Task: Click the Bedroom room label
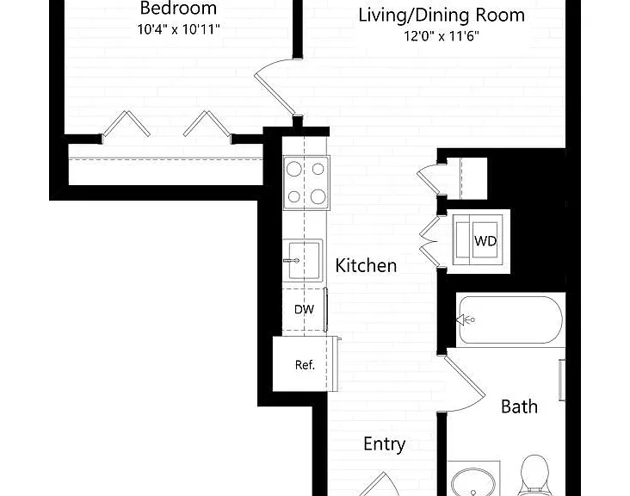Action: pyautogui.click(x=178, y=8)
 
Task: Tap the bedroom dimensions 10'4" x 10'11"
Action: pyautogui.click(x=178, y=29)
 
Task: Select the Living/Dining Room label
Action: pyautogui.click(x=442, y=15)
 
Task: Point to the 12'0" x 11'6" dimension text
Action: pyautogui.click(x=442, y=36)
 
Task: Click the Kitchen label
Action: pyautogui.click(x=366, y=266)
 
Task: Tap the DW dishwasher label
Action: pyautogui.click(x=304, y=309)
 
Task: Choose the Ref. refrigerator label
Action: pyautogui.click(x=305, y=365)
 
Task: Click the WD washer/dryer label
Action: pyautogui.click(x=485, y=241)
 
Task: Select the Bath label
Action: pyautogui.click(x=519, y=406)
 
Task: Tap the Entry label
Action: pyautogui.click(x=384, y=444)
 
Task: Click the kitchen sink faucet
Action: pyautogui.click(x=292, y=260)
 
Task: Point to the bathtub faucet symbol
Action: pyautogui.click(x=466, y=320)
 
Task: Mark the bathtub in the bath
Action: pyautogui.click(x=510, y=320)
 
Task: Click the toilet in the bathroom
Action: pyautogui.click(x=534, y=475)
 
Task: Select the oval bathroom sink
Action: pyautogui.click(x=473, y=482)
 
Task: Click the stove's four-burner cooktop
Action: pyautogui.click(x=306, y=183)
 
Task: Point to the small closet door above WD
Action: pyautogui.click(x=428, y=178)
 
